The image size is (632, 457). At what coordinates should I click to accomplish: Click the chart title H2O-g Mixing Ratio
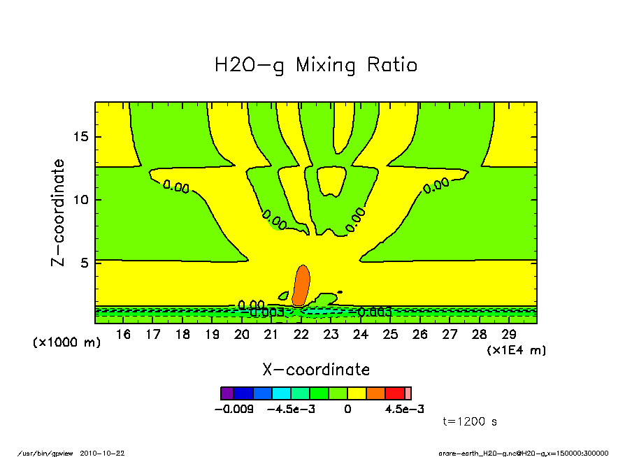315,66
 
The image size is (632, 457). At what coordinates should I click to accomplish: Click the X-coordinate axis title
316,370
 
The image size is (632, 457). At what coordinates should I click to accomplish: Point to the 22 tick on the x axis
301,335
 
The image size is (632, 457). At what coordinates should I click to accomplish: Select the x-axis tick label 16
123,335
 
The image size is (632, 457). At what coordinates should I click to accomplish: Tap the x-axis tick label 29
508,335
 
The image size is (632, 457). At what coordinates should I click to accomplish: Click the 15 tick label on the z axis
81,137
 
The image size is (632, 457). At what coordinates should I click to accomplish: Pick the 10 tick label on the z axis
81,200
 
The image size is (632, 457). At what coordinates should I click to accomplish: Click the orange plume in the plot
301,284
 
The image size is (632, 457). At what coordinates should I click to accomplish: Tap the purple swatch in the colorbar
227,393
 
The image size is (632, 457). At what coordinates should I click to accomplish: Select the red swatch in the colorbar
395,393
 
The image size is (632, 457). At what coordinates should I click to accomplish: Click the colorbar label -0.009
234,409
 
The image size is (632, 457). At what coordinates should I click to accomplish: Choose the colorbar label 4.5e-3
404,409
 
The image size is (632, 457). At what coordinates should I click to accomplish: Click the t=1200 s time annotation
470,422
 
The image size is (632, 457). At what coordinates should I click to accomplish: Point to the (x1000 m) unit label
66,343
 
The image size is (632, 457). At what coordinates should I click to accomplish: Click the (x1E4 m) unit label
516,350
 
